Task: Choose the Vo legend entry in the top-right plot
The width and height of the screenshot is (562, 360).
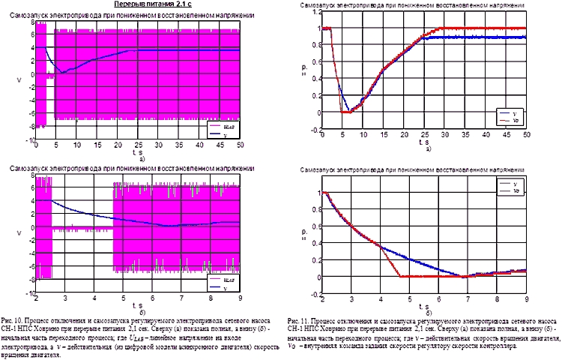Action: point(513,119)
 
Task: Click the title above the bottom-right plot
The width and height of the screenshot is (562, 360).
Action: point(405,166)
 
